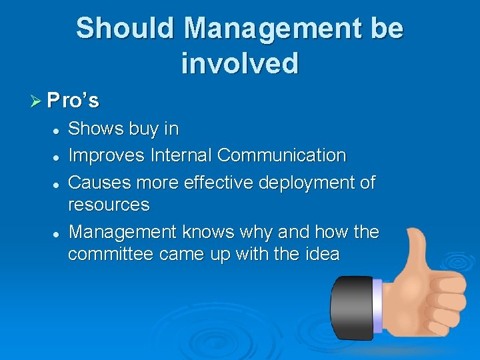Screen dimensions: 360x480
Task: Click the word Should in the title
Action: tap(125, 29)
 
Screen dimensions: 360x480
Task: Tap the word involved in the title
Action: tap(239, 63)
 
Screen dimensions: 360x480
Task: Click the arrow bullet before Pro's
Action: tap(37, 101)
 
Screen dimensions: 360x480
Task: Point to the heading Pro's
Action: tap(73, 101)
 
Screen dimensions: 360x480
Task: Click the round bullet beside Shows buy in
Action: tap(58, 129)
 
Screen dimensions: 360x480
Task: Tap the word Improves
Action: tap(107, 155)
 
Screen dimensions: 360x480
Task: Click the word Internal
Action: tap(181, 155)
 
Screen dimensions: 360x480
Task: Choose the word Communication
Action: tap(281, 155)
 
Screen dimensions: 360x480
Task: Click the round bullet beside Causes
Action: tap(58, 183)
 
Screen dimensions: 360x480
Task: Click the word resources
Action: tap(109, 205)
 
